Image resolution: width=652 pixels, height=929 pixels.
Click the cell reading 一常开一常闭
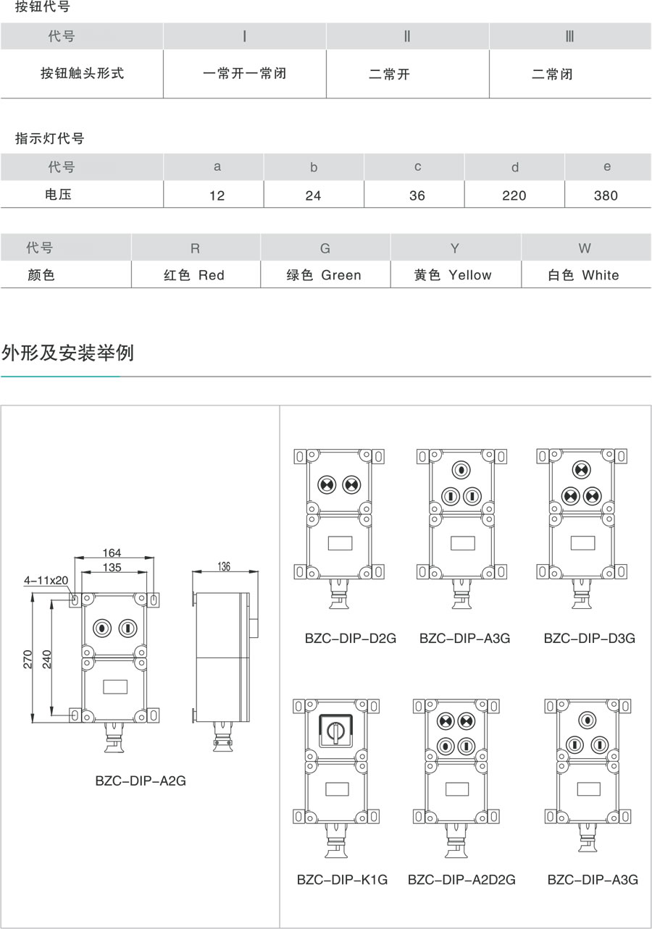244,73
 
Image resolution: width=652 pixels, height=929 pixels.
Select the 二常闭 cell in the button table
552,74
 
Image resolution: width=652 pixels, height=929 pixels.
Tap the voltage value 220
514,196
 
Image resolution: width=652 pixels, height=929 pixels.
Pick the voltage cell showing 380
606,196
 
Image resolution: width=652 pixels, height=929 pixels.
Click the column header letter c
418,167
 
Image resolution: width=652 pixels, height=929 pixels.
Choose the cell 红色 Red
194,275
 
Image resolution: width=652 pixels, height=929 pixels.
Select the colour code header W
585,248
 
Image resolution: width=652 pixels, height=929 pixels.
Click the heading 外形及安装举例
68,353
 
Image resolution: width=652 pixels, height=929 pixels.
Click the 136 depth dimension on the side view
224,567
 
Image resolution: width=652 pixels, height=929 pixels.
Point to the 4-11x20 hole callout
46,581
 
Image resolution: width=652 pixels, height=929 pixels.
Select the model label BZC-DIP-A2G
141,781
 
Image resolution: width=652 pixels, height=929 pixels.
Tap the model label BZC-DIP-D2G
351,639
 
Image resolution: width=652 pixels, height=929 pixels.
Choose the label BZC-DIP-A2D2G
461,880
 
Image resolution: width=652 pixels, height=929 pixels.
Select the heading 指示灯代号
50,138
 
